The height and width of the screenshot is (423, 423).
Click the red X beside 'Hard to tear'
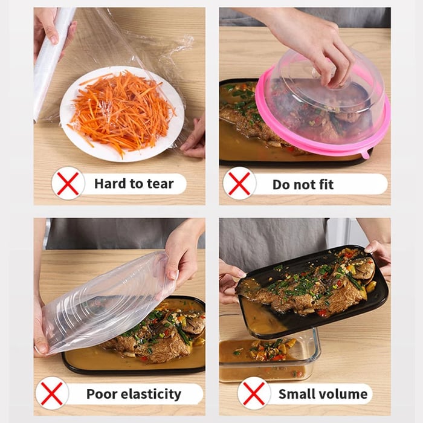(x=68, y=183)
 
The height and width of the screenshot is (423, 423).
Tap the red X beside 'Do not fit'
(x=239, y=183)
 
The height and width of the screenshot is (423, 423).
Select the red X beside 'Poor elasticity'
(x=52, y=394)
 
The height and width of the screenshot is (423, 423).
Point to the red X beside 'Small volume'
(x=254, y=394)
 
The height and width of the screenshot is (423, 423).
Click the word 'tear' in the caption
(x=158, y=184)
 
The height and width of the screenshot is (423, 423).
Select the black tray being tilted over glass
(x=314, y=290)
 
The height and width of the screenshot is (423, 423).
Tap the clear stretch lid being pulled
(x=103, y=302)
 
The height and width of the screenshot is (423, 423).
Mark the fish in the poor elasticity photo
(x=157, y=338)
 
